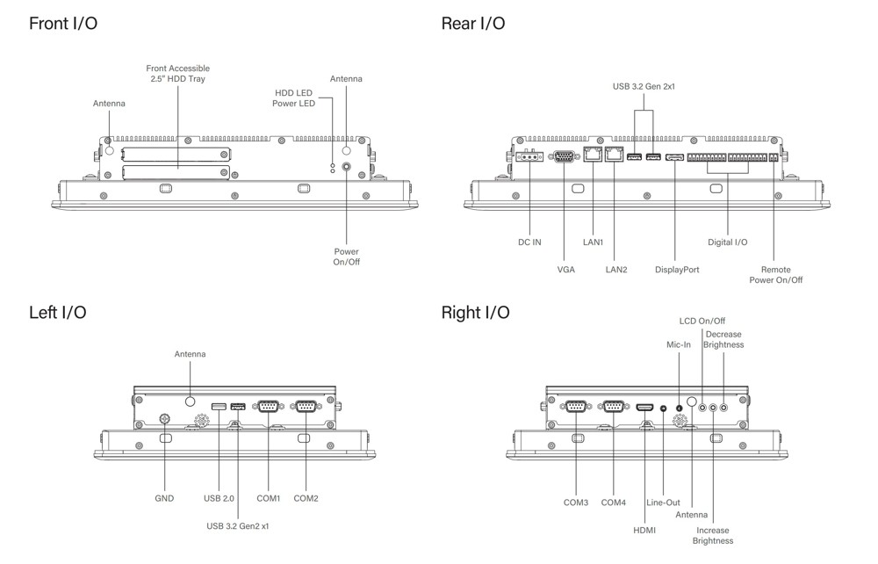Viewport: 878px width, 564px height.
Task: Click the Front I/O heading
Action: point(63,24)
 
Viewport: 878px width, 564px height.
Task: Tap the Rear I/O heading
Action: point(473,24)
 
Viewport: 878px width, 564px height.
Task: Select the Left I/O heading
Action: point(58,313)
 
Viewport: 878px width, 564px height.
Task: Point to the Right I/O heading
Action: point(475,313)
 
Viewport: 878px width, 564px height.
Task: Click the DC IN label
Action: point(529,242)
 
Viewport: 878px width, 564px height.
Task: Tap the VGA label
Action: point(565,270)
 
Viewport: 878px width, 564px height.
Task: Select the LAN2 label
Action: point(615,270)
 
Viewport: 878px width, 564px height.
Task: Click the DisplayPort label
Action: point(677,270)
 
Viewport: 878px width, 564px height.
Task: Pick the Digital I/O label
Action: point(728,242)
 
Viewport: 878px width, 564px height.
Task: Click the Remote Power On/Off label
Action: point(775,275)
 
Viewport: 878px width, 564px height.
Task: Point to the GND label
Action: point(163,498)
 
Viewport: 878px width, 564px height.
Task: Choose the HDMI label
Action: point(644,530)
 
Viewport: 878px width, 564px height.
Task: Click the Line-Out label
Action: point(663,503)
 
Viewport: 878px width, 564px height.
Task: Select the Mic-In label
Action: point(679,344)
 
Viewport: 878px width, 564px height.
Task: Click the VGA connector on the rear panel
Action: point(565,157)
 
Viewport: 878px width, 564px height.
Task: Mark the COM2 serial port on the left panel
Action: point(306,406)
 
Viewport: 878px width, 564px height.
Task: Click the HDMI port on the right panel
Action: point(644,408)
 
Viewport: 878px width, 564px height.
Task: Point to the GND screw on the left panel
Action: point(163,420)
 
